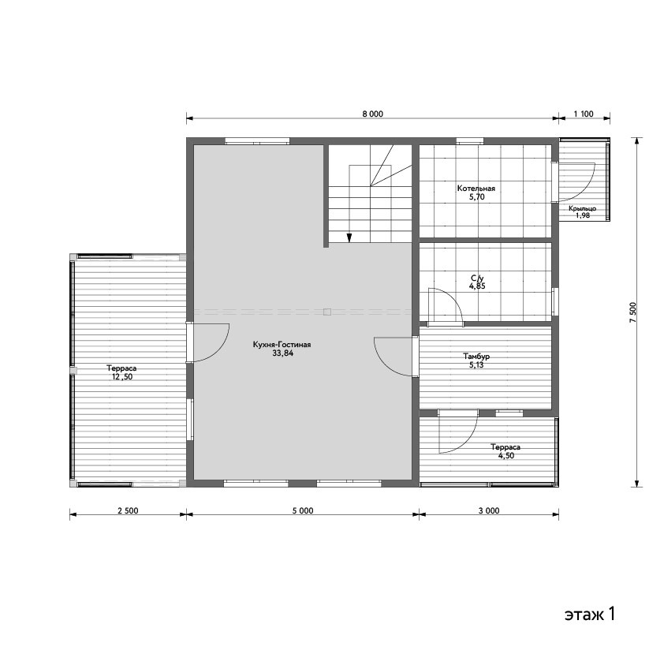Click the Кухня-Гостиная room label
pyautogui.click(x=282, y=345)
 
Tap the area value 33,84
pyautogui.click(x=283, y=353)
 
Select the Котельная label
pyautogui.click(x=476, y=189)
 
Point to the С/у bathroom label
pyautogui.click(x=477, y=278)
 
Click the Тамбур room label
pyautogui.click(x=476, y=357)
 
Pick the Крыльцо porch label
pyautogui.click(x=583, y=209)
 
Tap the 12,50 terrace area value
pyautogui.click(x=122, y=376)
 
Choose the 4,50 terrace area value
pyautogui.click(x=505, y=455)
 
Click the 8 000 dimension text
pyautogui.click(x=373, y=114)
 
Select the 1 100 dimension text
pyautogui.click(x=584, y=114)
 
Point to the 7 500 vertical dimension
pyautogui.click(x=633, y=312)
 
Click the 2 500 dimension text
pyautogui.click(x=128, y=510)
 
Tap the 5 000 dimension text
pyautogui.click(x=303, y=510)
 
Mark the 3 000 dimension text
pyautogui.click(x=489, y=510)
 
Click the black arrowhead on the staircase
pyautogui.click(x=349, y=238)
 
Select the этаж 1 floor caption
pyautogui.click(x=590, y=614)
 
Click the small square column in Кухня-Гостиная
pyautogui.click(x=327, y=312)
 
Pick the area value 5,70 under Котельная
pyautogui.click(x=477, y=196)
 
